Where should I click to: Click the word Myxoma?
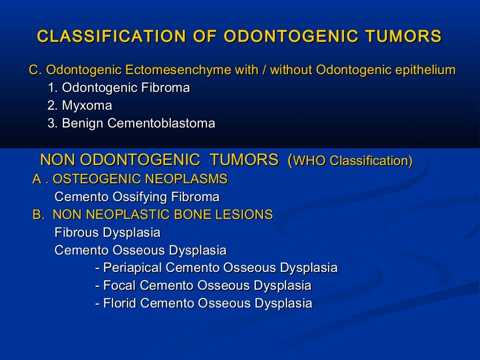[x=87, y=106]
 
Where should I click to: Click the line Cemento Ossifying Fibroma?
[x=137, y=197]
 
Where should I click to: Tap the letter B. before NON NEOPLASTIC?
[x=37, y=215]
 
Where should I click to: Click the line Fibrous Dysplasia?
[x=107, y=232]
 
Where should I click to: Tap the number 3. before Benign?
[x=52, y=124]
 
